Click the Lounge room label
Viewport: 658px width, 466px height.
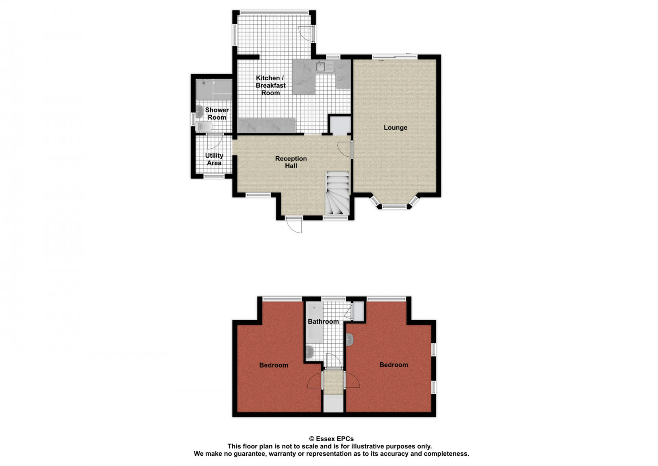395,128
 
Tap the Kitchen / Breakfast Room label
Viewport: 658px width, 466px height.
270,86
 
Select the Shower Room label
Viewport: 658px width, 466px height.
217,114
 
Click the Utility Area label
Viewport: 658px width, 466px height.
214,159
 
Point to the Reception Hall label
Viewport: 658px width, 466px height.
291,162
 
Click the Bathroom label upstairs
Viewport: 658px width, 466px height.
323,322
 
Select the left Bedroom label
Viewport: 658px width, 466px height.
273,365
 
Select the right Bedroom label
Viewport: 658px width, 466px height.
394,365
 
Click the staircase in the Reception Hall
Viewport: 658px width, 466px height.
337,193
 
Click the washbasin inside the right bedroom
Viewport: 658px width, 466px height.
350,340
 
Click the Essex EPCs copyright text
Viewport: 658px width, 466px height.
331,439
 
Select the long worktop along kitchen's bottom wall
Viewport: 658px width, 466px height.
266,125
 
